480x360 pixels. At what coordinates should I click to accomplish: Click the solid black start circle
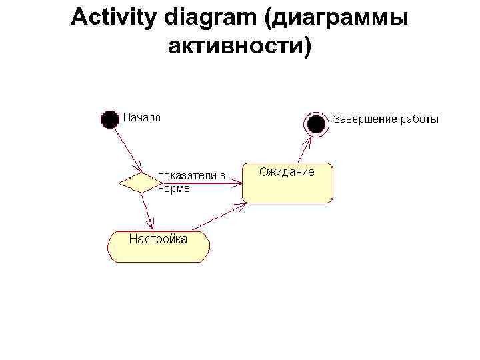[110, 119]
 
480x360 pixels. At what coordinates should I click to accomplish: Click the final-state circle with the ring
[316, 123]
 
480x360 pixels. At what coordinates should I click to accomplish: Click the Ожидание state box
[287, 187]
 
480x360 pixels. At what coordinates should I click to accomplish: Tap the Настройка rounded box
[158, 246]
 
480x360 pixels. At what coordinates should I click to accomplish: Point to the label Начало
[141, 117]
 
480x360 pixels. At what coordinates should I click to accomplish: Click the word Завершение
[365, 119]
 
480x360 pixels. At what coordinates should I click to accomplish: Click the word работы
[419, 119]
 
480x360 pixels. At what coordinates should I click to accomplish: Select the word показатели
[187, 176]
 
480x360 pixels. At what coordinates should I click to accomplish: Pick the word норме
[174, 189]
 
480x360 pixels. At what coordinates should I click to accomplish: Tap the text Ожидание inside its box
[287, 172]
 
